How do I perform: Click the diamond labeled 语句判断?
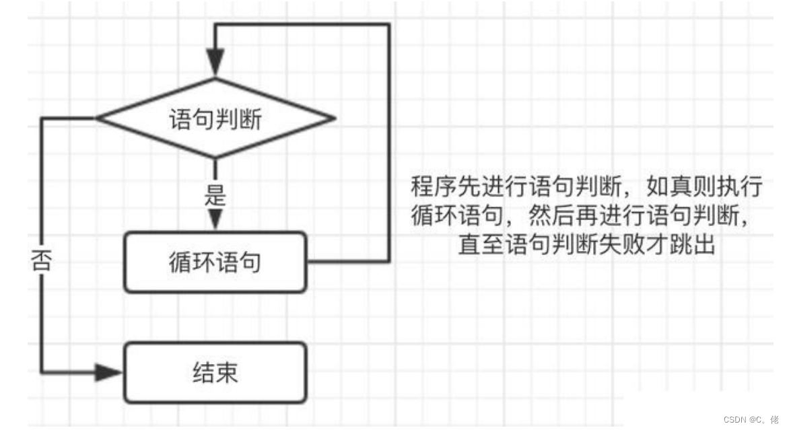(215, 119)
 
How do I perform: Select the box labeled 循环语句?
(215, 262)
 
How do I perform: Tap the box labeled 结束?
(215, 372)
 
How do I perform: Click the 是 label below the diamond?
(215, 197)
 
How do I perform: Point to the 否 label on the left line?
(42, 261)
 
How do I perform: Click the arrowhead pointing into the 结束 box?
(108, 372)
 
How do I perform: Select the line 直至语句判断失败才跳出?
(586, 245)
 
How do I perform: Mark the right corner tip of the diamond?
(334, 119)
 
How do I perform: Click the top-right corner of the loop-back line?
(388, 25)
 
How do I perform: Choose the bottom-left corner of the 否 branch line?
(42, 372)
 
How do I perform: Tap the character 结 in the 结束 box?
(203, 372)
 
